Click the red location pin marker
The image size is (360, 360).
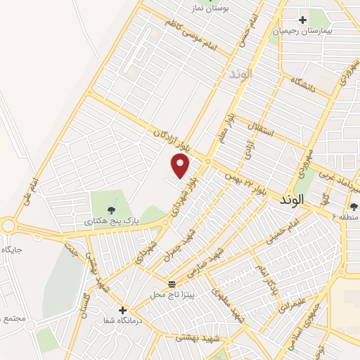click(x=181, y=166)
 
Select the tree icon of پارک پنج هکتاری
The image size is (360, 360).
click(x=110, y=209)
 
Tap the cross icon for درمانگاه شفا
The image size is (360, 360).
click(x=122, y=309)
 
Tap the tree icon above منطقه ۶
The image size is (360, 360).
click(x=352, y=205)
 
